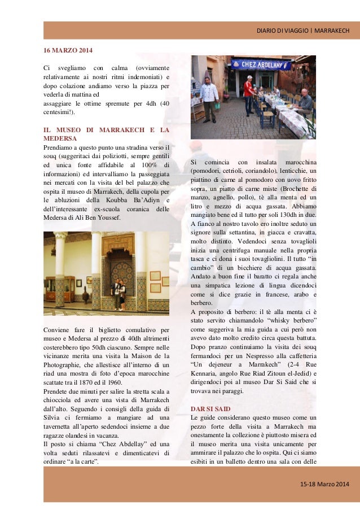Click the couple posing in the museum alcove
(120, 293)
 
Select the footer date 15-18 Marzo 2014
(324, 486)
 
